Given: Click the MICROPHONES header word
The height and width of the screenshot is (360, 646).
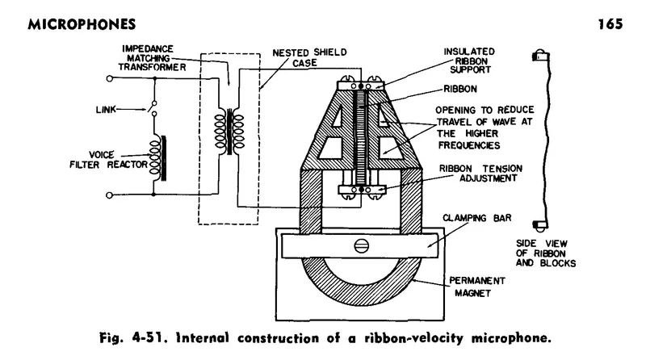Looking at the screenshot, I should (61, 23).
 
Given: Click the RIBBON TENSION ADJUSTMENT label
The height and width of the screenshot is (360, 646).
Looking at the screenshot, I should (484, 173).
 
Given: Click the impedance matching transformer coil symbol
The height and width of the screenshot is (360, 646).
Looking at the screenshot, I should (227, 130).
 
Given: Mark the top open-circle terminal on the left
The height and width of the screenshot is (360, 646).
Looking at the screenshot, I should (111, 79).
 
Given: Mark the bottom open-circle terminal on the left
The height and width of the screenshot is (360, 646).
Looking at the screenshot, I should (111, 195).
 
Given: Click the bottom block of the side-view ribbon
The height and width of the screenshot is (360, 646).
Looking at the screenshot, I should (535, 225).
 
